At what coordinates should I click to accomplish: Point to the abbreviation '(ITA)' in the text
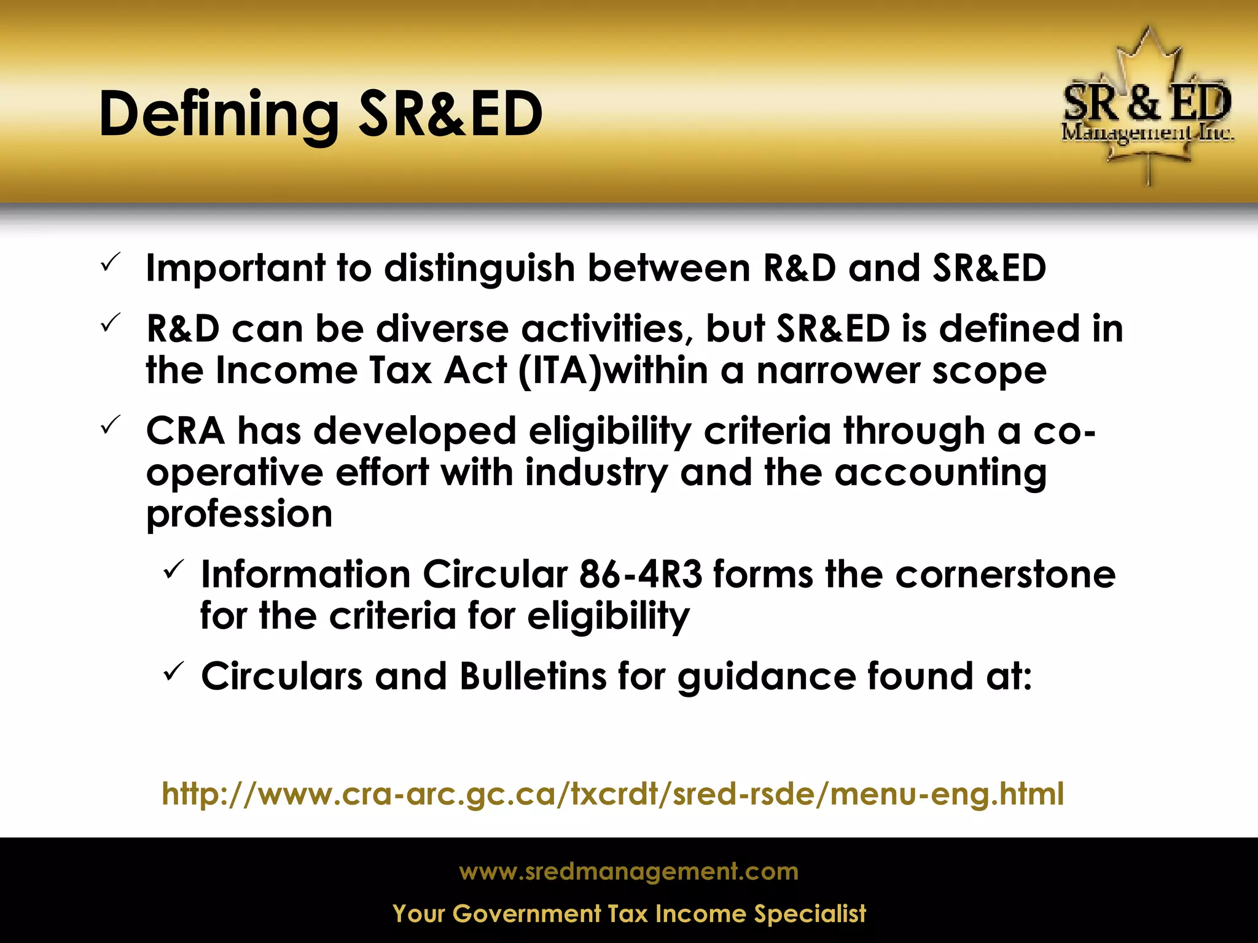[x=560, y=371]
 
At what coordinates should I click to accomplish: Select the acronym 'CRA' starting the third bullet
[x=185, y=430]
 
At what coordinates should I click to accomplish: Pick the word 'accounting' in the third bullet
[x=940, y=473]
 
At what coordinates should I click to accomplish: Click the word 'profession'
[x=239, y=514]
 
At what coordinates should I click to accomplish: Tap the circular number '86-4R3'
[x=640, y=575]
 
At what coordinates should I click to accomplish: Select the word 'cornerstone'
[x=1005, y=575]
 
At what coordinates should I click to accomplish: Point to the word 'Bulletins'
[x=533, y=677]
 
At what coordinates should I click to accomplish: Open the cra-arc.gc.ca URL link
[x=612, y=794]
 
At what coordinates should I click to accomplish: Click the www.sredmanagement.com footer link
[x=628, y=871]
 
